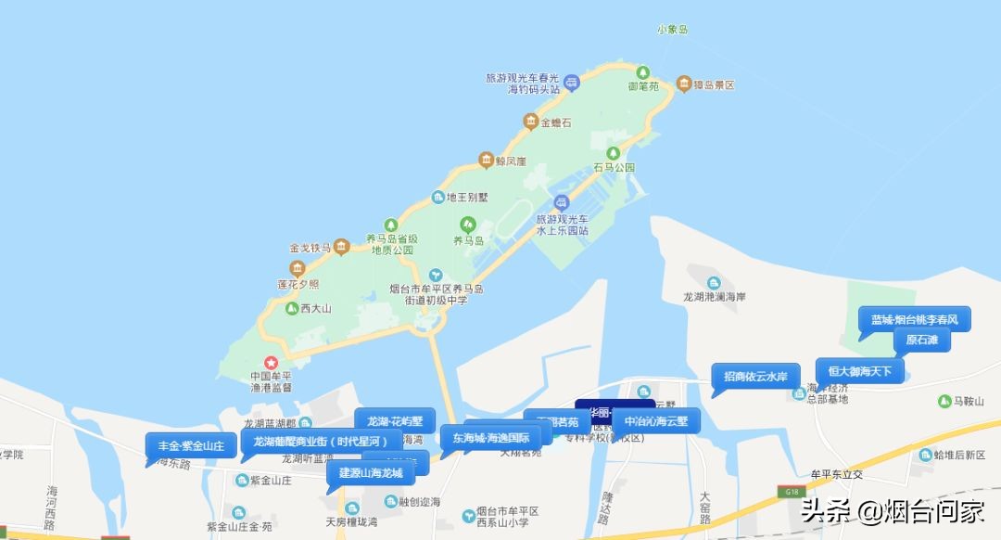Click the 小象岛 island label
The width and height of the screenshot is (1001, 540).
(673, 30)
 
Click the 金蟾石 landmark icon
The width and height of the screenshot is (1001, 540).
(530, 122)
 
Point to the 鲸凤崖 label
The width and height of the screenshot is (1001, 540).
(510, 161)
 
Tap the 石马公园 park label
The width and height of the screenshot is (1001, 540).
(614, 168)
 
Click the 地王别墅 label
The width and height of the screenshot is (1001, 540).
(467, 197)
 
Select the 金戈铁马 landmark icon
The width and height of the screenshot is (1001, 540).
(341, 247)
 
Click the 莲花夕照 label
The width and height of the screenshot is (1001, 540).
(298, 284)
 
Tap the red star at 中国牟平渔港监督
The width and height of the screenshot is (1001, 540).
(272, 362)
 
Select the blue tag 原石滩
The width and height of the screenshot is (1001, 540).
(922, 341)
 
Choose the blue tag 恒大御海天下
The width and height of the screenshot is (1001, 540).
(859, 372)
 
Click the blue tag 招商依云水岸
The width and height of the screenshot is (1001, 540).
(755, 376)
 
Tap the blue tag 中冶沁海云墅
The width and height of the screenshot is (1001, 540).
(656, 420)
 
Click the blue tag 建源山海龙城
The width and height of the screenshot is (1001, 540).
(371, 473)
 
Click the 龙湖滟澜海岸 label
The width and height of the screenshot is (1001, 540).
(714, 297)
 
